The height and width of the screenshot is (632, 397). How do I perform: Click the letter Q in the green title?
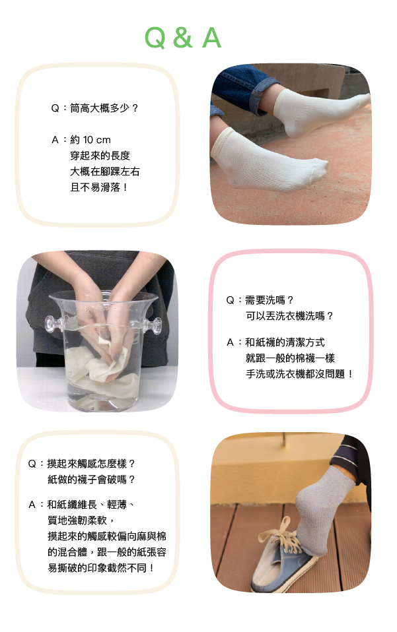[155, 38]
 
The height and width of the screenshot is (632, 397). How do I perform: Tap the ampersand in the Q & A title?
[183, 38]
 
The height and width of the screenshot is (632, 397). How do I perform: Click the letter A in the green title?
[211, 38]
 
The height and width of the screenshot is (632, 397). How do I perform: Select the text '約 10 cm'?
[90, 140]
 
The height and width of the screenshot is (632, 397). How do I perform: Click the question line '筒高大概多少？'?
[104, 108]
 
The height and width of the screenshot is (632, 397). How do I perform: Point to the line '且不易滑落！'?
[100, 187]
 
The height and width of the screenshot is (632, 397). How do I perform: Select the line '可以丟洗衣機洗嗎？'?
[290, 316]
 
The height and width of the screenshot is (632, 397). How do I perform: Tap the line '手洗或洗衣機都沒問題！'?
[300, 374]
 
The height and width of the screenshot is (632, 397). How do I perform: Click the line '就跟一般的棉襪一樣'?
[290, 358]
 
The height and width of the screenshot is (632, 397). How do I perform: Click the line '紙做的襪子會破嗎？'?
[91, 480]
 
